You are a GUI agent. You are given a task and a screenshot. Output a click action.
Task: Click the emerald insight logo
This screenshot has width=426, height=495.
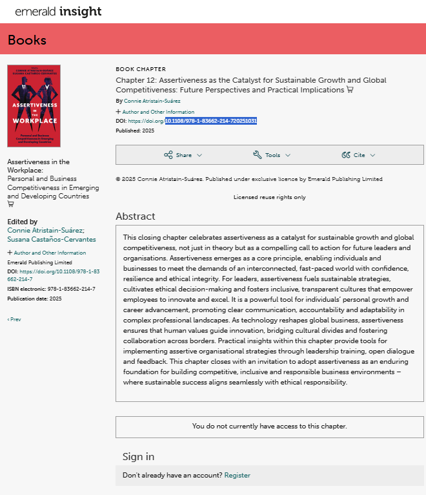58,12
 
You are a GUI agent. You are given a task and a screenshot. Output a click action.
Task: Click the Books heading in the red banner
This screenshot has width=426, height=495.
27,40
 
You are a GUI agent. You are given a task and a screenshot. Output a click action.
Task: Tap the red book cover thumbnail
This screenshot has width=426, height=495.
34,105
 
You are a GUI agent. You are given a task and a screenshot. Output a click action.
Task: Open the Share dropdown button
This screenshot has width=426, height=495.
183,155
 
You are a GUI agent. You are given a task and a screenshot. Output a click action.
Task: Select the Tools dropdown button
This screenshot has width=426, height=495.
272,155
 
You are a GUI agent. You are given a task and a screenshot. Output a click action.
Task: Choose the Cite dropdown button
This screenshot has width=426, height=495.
358,155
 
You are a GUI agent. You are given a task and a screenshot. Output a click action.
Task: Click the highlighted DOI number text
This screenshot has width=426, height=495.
211,121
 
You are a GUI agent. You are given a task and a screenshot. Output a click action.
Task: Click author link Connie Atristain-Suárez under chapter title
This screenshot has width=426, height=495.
153,101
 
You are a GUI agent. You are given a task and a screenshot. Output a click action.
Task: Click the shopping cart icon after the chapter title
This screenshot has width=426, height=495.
350,90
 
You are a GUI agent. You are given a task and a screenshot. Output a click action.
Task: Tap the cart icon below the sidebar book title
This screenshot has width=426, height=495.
10,204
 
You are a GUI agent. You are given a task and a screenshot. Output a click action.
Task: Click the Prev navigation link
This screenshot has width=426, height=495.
14,319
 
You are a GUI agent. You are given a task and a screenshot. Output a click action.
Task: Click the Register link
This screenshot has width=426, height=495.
237,475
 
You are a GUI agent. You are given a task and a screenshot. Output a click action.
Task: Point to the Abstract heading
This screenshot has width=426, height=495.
136,216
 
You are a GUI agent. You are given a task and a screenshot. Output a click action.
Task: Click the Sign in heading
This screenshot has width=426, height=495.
138,457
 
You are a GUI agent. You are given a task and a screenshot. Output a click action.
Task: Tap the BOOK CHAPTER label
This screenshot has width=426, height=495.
141,69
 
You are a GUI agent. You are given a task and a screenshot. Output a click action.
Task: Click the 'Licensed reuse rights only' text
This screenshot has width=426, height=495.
269,197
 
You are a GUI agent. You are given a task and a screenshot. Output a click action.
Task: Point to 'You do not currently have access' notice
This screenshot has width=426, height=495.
269,427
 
